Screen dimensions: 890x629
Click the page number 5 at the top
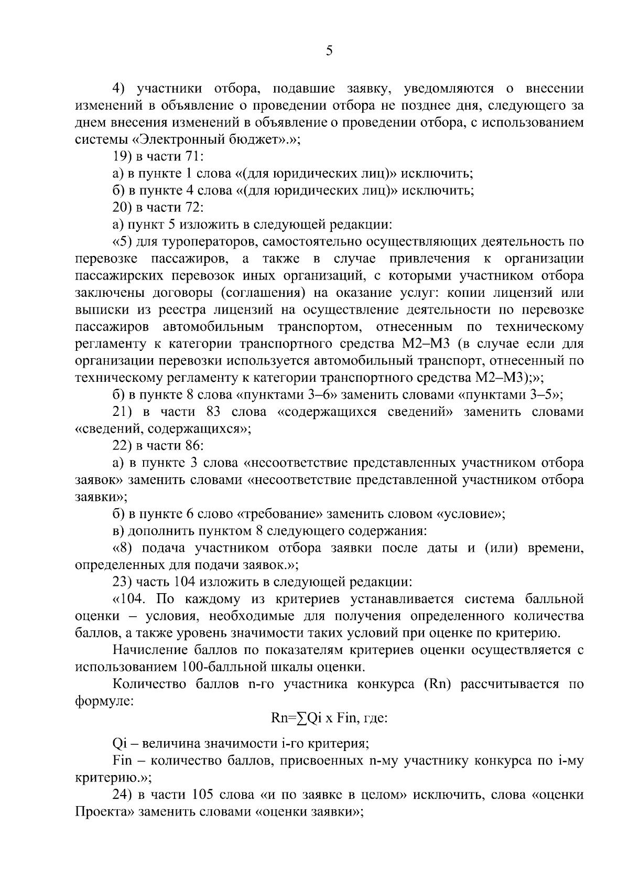coord(329,51)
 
